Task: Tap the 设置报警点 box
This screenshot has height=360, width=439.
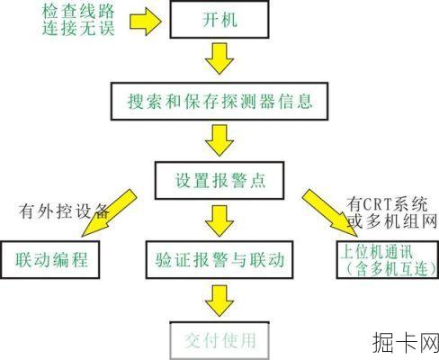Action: (x=219, y=178)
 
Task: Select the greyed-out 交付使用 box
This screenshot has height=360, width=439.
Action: (x=219, y=340)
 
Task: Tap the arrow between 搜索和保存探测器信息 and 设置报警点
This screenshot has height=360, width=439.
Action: (x=219, y=139)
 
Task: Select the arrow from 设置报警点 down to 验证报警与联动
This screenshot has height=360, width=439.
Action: (x=219, y=219)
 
